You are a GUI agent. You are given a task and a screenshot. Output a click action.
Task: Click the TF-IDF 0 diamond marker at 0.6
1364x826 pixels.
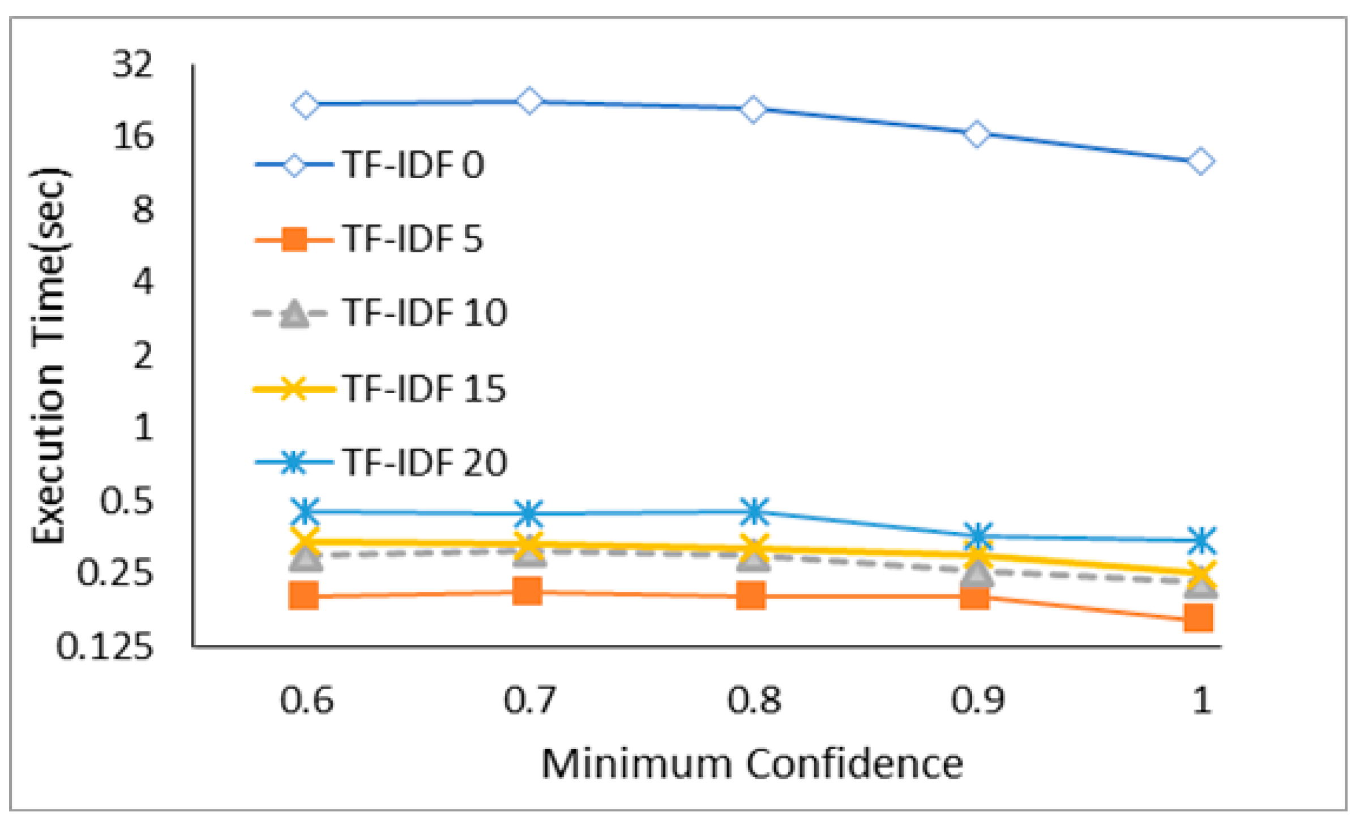click(306, 105)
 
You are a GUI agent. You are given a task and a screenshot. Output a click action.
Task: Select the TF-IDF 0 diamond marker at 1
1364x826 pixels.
click(1200, 161)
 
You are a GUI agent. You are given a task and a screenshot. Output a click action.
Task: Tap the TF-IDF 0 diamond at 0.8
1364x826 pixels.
click(753, 109)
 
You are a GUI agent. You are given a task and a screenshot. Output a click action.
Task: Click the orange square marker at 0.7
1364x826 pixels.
click(528, 591)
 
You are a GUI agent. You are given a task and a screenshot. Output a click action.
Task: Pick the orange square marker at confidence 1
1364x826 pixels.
click(1199, 617)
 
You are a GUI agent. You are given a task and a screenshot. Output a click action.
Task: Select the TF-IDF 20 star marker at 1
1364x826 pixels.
click(1200, 540)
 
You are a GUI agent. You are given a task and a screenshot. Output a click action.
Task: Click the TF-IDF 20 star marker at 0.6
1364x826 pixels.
click(306, 511)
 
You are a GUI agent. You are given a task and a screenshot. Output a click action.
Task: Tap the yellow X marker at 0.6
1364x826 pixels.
click(306, 541)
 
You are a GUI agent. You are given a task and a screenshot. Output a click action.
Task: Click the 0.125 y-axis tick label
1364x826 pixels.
click(105, 646)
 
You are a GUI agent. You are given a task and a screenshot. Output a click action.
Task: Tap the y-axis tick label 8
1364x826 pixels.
click(143, 210)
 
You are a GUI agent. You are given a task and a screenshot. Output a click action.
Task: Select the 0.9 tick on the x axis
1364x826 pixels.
click(977, 700)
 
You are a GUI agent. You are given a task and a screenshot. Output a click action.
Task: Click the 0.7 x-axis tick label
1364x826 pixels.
click(530, 700)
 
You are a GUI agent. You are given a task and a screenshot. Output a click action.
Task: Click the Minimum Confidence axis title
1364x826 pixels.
click(752, 764)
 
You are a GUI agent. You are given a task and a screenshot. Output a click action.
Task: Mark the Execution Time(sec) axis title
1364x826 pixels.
click(49, 356)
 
